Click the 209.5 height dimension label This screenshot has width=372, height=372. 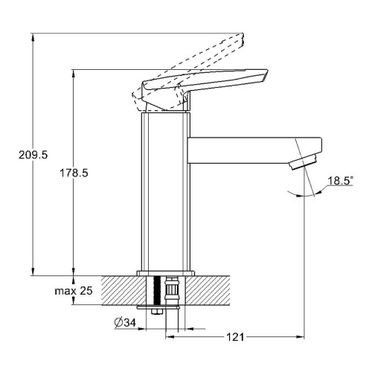click(x=33, y=155)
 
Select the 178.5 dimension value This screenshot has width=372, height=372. click(x=74, y=173)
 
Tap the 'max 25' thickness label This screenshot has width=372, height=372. click(x=74, y=291)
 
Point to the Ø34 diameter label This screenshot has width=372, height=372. click(x=125, y=322)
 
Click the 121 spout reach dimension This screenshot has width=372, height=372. click(x=235, y=337)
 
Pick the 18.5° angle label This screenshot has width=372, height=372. click(x=340, y=181)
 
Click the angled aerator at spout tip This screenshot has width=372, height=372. click(x=303, y=161)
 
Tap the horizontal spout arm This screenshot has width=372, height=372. click(x=254, y=150)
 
